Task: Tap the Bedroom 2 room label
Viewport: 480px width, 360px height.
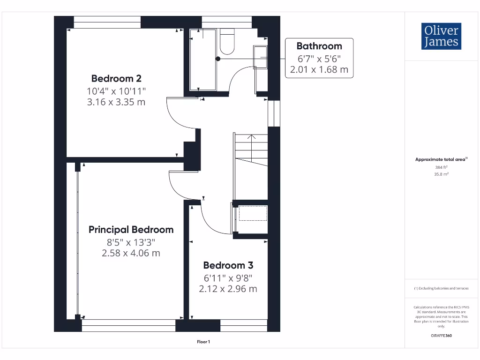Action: tap(116, 78)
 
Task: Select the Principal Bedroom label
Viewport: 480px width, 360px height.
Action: tap(131, 230)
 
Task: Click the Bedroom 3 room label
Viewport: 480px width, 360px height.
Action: tap(228, 265)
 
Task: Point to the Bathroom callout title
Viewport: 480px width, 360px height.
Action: tap(319, 46)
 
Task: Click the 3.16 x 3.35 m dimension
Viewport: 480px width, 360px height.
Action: tap(116, 101)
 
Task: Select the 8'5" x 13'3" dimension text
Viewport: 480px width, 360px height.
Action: tap(131, 242)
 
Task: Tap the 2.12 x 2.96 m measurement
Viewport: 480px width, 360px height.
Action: tap(228, 289)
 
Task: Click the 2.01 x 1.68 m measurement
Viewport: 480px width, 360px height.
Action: tap(319, 70)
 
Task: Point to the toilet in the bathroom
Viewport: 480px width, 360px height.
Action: tap(227, 42)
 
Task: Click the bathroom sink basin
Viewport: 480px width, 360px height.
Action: tap(260, 57)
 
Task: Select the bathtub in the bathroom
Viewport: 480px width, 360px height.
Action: tap(203, 60)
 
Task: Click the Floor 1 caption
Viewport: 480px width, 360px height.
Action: tap(203, 342)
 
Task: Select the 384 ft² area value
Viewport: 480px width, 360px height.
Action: tap(441, 167)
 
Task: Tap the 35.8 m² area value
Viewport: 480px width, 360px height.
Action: tap(441, 174)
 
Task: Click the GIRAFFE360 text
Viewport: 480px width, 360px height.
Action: tap(441, 336)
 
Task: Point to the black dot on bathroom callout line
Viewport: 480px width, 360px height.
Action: tap(218, 59)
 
